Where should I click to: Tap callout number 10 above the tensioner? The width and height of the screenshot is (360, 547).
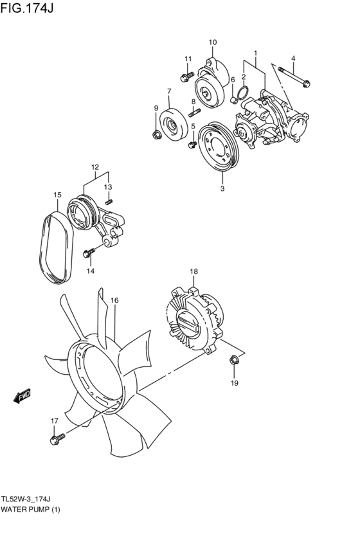(213, 42)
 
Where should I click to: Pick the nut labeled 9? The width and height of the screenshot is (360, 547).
(156, 134)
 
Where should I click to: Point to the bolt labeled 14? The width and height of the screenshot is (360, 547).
(89, 253)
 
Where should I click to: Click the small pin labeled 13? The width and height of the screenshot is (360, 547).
(109, 201)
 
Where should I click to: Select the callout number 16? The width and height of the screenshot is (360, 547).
(114, 300)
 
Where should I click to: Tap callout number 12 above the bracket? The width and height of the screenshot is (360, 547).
(94, 168)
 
